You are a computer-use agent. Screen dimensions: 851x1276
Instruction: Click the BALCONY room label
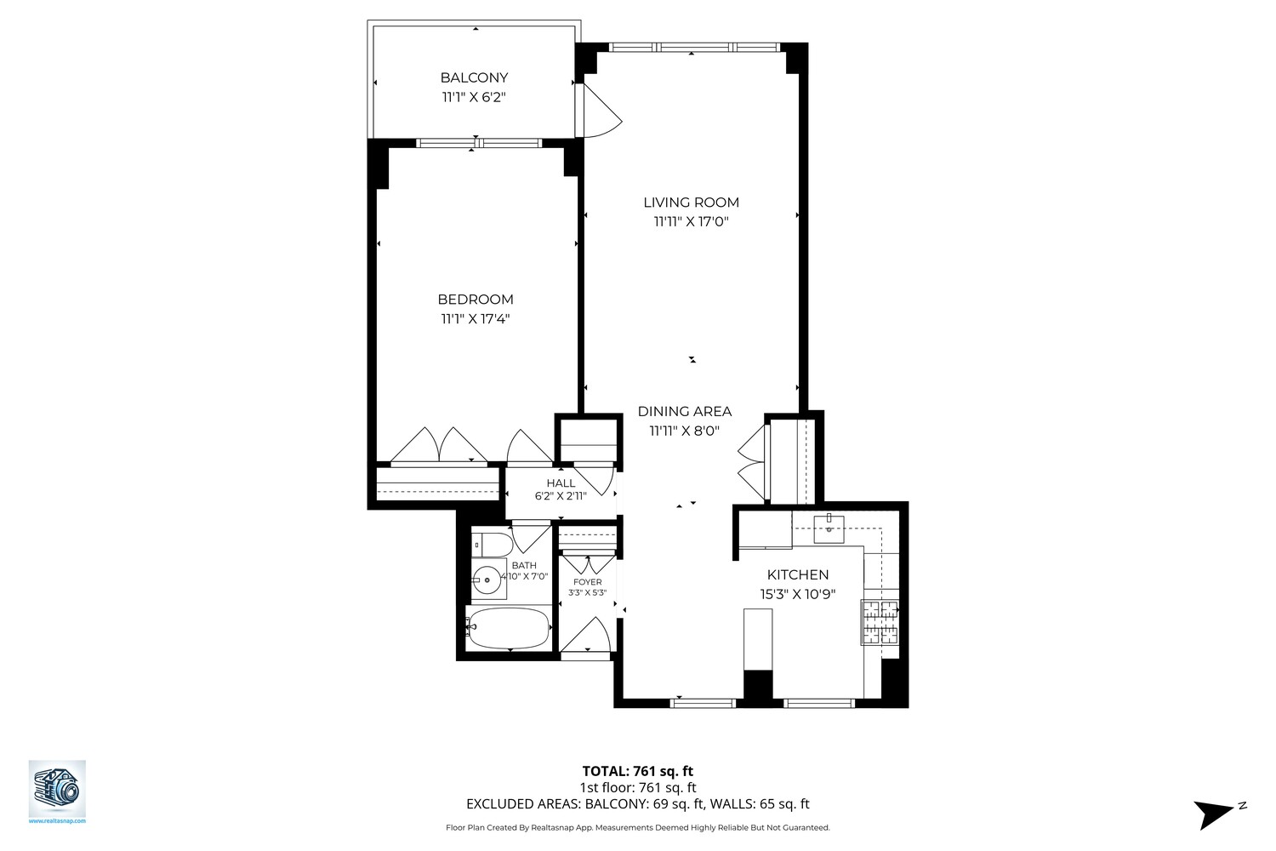(x=474, y=77)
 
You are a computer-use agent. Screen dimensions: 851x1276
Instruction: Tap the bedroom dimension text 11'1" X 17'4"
(x=475, y=319)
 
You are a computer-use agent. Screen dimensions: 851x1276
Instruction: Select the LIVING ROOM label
(x=691, y=203)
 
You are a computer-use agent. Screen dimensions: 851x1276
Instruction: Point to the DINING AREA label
(x=684, y=412)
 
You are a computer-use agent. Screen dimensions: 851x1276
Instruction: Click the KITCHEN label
(x=797, y=575)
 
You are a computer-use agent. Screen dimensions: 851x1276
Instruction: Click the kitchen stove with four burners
(x=880, y=622)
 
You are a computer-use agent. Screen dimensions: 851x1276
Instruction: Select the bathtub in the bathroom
(x=509, y=628)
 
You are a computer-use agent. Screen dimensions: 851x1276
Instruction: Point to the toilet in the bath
(x=491, y=543)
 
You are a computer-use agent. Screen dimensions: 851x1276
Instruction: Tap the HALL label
(x=561, y=483)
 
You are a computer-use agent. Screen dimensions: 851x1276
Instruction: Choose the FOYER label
(x=587, y=582)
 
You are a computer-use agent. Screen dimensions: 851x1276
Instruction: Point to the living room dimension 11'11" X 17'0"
(x=691, y=222)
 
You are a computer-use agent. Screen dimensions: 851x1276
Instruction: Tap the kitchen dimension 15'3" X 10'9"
(x=797, y=595)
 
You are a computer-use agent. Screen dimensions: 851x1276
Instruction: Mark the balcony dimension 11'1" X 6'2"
(x=474, y=97)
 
